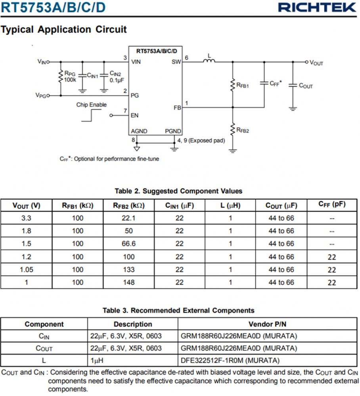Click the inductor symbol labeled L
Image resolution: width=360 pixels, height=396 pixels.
(209, 61)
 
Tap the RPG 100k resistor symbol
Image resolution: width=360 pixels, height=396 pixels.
(61, 77)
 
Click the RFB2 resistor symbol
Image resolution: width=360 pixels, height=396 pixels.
(233, 129)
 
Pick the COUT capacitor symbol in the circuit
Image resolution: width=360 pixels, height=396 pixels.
(293, 85)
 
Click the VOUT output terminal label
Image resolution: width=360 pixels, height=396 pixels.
(316, 63)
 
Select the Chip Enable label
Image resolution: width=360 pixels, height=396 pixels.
(92, 105)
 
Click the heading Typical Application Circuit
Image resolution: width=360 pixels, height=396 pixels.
(64, 29)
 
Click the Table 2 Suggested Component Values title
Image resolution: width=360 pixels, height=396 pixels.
(178, 191)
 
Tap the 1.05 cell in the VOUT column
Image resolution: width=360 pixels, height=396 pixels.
(27, 270)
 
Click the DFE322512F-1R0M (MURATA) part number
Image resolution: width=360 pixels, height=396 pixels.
(230, 360)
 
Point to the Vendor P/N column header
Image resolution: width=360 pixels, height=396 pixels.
(267, 324)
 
